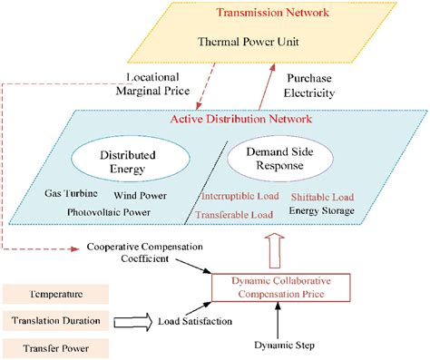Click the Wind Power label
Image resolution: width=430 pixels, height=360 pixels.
tap(140, 195)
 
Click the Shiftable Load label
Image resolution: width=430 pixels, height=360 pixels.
tap(322, 197)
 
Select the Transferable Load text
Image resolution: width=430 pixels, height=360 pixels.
tap(238, 214)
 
